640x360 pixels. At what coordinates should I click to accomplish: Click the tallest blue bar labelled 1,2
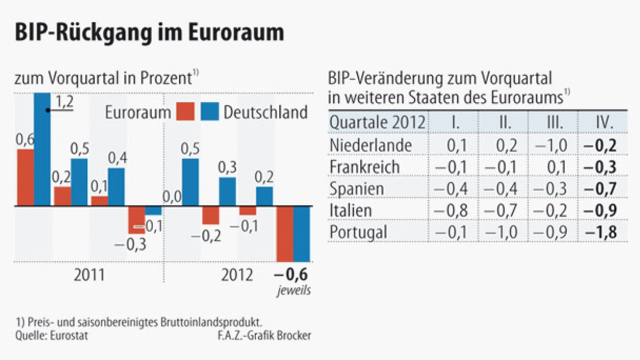coord(42,150)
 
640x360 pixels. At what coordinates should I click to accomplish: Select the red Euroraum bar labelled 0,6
coord(25,178)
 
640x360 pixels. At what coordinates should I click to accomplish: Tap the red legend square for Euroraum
coord(185,112)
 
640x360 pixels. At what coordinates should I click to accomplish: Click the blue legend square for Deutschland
coord(210,112)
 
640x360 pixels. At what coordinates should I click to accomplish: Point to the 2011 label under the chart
coord(89,275)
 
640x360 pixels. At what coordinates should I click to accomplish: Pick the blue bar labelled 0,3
coord(228,192)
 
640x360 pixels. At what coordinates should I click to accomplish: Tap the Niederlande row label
coord(371,145)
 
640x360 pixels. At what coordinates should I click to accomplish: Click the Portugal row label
coord(358,232)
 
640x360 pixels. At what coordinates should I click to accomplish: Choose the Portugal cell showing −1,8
coord(602,232)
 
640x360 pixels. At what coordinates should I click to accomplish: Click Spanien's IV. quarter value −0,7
coord(602,189)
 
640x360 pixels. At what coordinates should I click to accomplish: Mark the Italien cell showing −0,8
coord(451,210)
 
